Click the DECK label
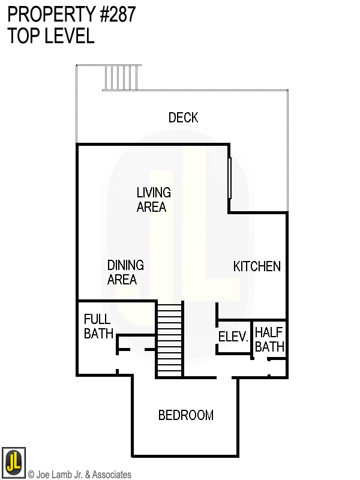click(x=183, y=118)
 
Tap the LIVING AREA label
click(x=153, y=200)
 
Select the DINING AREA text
click(x=125, y=272)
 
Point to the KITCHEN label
click(x=257, y=266)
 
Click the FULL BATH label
click(x=98, y=326)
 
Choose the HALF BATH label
click(x=269, y=340)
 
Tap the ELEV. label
click(x=233, y=337)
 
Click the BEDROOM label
click(x=185, y=415)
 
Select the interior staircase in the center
click(x=169, y=339)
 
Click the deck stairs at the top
click(x=121, y=77)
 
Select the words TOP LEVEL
click(x=51, y=36)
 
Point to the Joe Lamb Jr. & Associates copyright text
click(x=79, y=475)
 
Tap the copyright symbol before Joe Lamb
click(x=31, y=475)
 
